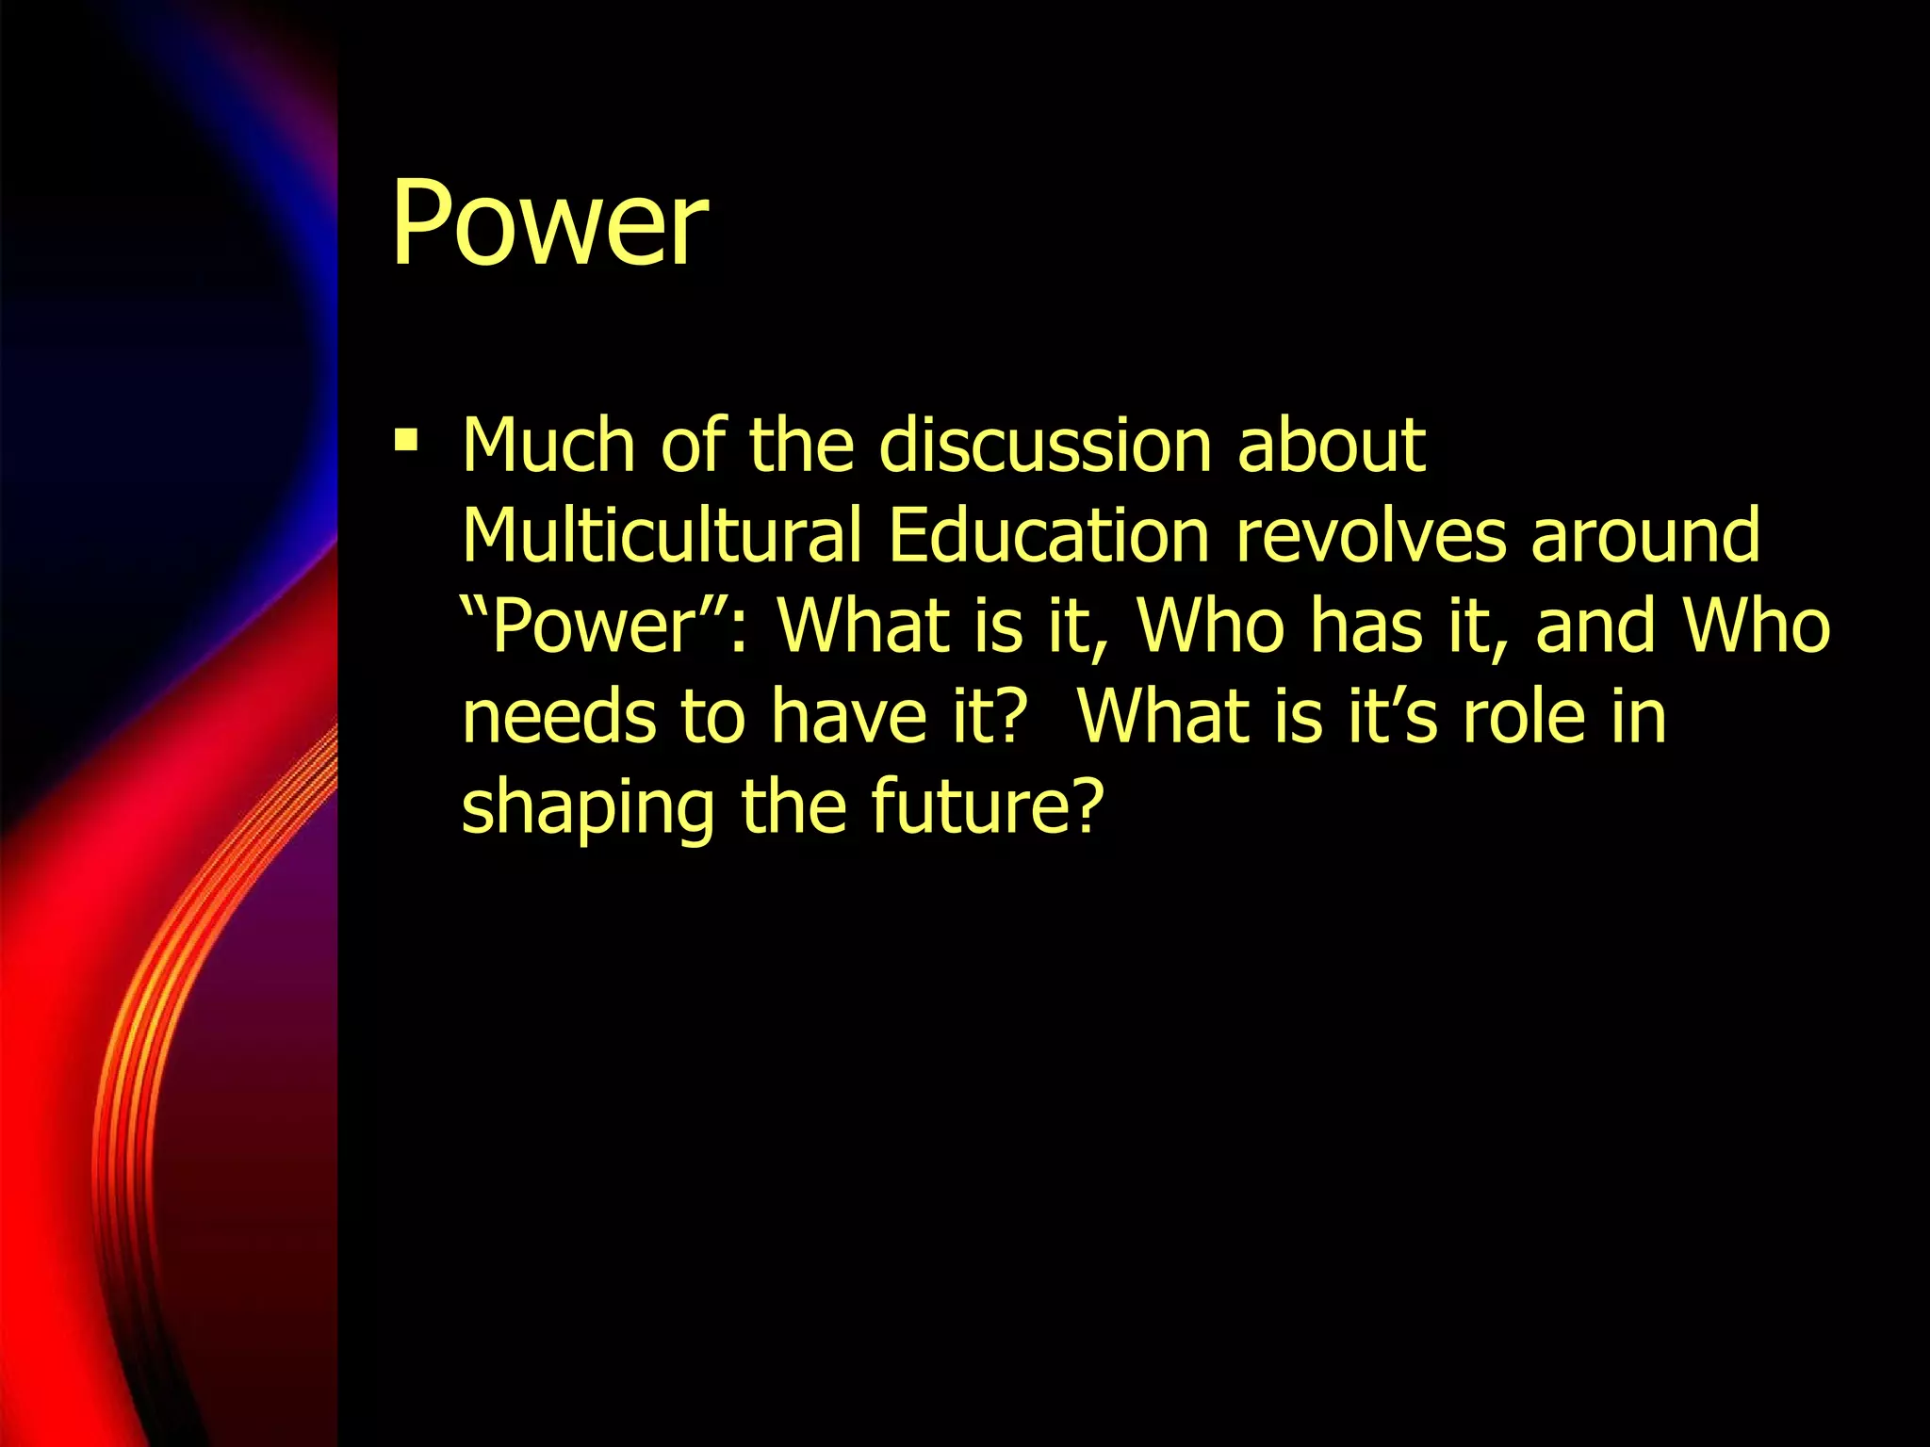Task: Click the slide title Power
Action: pyautogui.click(x=549, y=224)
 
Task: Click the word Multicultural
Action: pyautogui.click(x=662, y=535)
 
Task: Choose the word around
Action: pyautogui.click(x=1645, y=535)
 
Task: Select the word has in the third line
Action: pyautogui.click(x=1366, y=626)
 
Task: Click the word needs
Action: pyautogui.click(x=558, y=716)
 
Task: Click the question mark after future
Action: pyautogui.click(x=1088, y=806)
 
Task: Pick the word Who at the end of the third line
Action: pyautogui.click(x=1757, y=626)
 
